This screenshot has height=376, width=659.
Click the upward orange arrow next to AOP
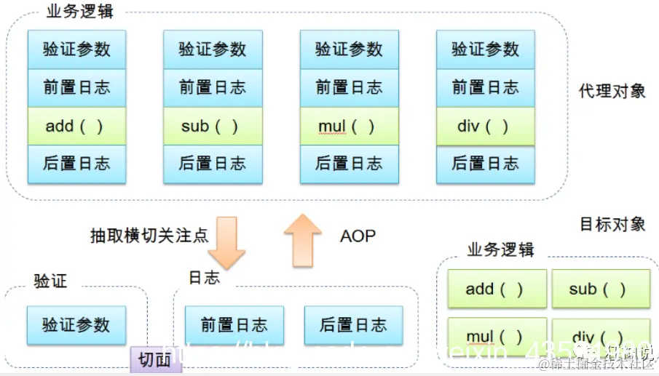click(x=303, y=241)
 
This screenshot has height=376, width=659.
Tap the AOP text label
click(x=358, y=236)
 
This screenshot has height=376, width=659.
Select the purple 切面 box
click(x=155, y=359)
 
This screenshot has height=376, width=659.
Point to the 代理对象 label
click(x=612, y=91)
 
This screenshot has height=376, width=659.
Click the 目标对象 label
click(x=612, y=224)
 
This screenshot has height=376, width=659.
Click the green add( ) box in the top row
click(x=76, y=126)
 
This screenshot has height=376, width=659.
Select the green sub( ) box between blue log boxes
click(x=212, y=126)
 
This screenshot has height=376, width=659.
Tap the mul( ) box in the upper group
click(x=349, y=126)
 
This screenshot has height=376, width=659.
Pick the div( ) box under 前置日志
click(x=485, y=126)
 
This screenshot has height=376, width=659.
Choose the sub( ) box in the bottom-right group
click(x=600, y=289)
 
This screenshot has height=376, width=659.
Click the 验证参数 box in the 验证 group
click(x=76, y=324)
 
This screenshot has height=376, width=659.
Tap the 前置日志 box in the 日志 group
click(x=234, y=324)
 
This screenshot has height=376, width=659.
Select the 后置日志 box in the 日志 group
click(x=353, y=324)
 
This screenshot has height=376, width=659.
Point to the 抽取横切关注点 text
click(x=149, y=236)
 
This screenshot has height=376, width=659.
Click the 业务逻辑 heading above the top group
click(x=80, y=12)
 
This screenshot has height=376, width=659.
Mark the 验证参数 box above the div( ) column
click(x=485, y=49)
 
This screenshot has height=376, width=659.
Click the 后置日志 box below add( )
click(x=76, y=164)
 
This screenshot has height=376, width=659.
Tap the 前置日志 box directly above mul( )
click(x=349, y=88)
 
